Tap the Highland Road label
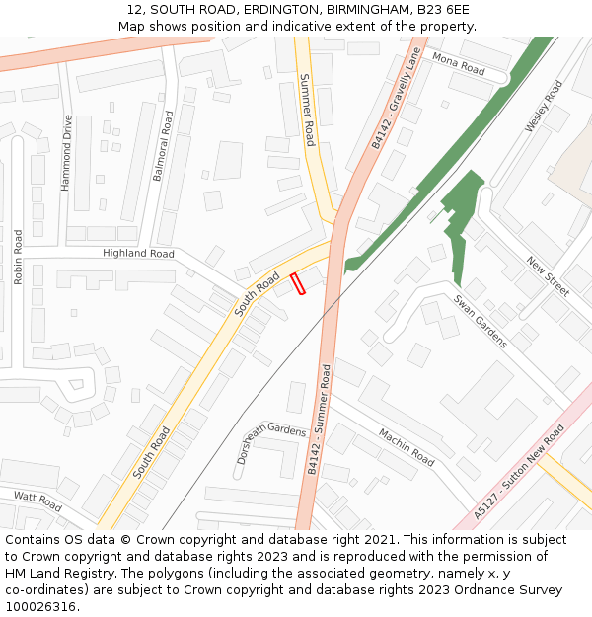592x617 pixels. [x=138, y=254]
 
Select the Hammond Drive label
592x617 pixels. [x=67, y=153]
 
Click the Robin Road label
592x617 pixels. [x=18, y=257]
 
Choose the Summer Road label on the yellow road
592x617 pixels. [x=308, y=110]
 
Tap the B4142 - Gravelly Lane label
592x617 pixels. [x=396, y=100]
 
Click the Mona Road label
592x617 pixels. [x=459, y=65]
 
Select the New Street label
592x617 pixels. [x=548, y=276]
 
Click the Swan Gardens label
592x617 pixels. [x=481, y=321]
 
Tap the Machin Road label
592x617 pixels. [x=406, y=447]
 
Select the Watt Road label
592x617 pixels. [x=37, y=501]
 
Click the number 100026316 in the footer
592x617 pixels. [x=41, y=606]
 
